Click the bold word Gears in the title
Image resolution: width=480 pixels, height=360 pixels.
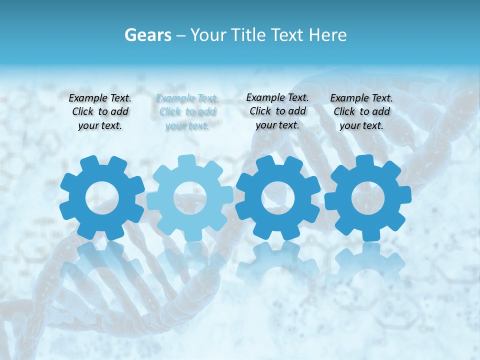pyautogui.click(x=147, y=35)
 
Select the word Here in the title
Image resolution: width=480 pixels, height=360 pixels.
pyautogui.click(x=328, y=35)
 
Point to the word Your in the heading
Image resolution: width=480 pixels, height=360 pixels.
pyautogui.click(x=208, y=35)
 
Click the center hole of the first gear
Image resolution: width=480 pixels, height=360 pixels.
pyautogui.click(x=102, y=197)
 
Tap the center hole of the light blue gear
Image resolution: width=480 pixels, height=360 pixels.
pyautogui.click(x=189, y=197)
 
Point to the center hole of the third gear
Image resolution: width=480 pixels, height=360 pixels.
pyautogui.click(x=277, y=197)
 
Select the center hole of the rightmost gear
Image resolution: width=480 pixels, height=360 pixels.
pyautogui.click(x=368, y=197)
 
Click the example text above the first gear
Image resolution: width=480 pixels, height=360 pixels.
pyautogui.click(x=100, y=111)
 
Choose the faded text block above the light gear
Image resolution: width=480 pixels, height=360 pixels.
pyautogui.click(x=187, y=111)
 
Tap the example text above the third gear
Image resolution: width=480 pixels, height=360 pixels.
pyautogui.click(x=277, y=111)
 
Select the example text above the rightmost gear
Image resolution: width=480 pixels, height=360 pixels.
pyautogui.click(x=361, y=111)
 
